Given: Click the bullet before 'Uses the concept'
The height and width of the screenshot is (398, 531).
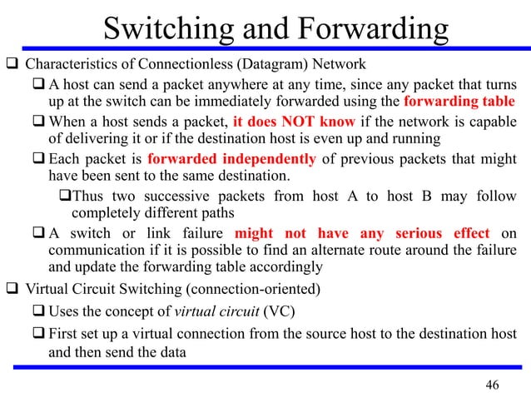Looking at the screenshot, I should [x=40, y=312].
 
